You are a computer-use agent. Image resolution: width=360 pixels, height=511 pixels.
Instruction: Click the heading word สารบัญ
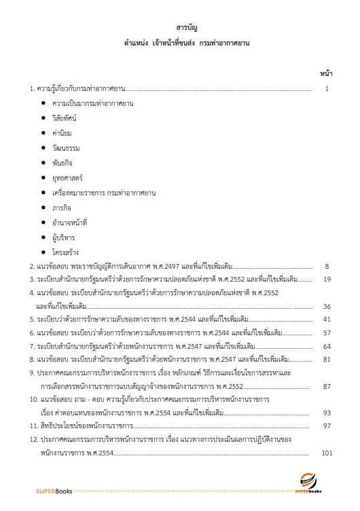click(x=179, y=29)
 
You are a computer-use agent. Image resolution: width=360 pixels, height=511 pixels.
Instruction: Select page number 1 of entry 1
click(x=327, y=88)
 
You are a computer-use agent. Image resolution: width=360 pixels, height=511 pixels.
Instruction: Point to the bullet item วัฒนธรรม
click(x=66, y=147)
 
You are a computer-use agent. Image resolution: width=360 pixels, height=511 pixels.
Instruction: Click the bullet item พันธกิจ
click(x=63, y=162)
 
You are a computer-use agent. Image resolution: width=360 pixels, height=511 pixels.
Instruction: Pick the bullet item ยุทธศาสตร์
click(x=67, y=177)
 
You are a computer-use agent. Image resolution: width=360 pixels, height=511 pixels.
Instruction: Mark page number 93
click(x=325, y=413)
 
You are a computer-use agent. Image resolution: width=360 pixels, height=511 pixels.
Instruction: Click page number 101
click(x=324, y=453)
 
